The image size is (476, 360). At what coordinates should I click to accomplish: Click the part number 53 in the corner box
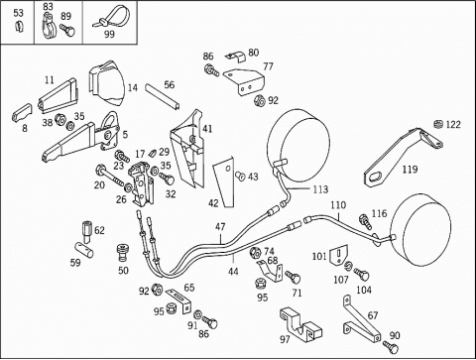coord(19,13)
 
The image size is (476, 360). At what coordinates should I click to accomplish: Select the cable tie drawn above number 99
coord(112,17)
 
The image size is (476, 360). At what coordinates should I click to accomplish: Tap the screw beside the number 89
coord(67,30)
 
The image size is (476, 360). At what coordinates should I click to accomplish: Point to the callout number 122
coord(453,124)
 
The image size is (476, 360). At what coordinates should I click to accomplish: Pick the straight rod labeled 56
coord(163,96)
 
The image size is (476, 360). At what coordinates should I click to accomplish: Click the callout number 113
coord(320,189)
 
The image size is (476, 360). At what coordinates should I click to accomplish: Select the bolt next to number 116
coord(365,221)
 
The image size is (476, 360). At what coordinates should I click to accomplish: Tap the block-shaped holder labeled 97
coord(300,324)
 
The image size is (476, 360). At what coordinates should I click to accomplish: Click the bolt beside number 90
coord(391,347)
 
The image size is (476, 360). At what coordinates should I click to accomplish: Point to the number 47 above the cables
coord(220,227)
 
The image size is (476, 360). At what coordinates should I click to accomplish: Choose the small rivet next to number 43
coord(239,177)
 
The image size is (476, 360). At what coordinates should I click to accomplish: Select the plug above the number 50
coord(123,253)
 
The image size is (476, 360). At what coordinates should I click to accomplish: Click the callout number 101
coord(319,256)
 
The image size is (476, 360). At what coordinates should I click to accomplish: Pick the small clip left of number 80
coord(236,57)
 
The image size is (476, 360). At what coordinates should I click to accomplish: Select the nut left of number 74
coord(255,253)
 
